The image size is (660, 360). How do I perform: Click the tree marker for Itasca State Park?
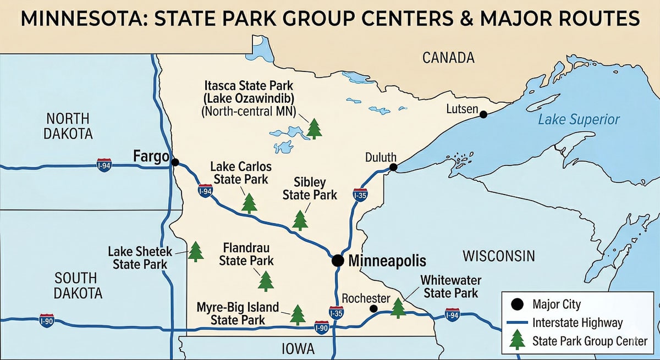(314, 128)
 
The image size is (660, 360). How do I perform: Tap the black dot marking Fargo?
(175, 162)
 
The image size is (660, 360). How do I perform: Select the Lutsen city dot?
(483, 114)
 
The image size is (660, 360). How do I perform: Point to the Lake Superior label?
(579, 120)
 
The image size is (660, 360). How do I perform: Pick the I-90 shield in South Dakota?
(47, 321)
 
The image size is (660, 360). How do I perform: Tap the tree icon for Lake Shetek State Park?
(195, 251)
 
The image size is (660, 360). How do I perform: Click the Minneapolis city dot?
(338, 261)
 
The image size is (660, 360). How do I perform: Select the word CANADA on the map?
(448, 57)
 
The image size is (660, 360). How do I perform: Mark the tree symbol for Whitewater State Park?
(398, 308)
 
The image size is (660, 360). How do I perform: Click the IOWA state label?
(298, 349)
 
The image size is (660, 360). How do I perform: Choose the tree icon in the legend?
(517, 340)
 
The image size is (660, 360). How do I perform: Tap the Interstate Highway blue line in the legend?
(517, 323)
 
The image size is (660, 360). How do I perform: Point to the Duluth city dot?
(393, 167)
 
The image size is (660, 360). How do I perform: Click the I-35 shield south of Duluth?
(360, 194)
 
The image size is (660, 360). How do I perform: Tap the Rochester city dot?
(373, 309)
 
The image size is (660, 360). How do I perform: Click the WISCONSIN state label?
(498, 256)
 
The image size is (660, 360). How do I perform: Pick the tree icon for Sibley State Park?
(300, 220)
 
